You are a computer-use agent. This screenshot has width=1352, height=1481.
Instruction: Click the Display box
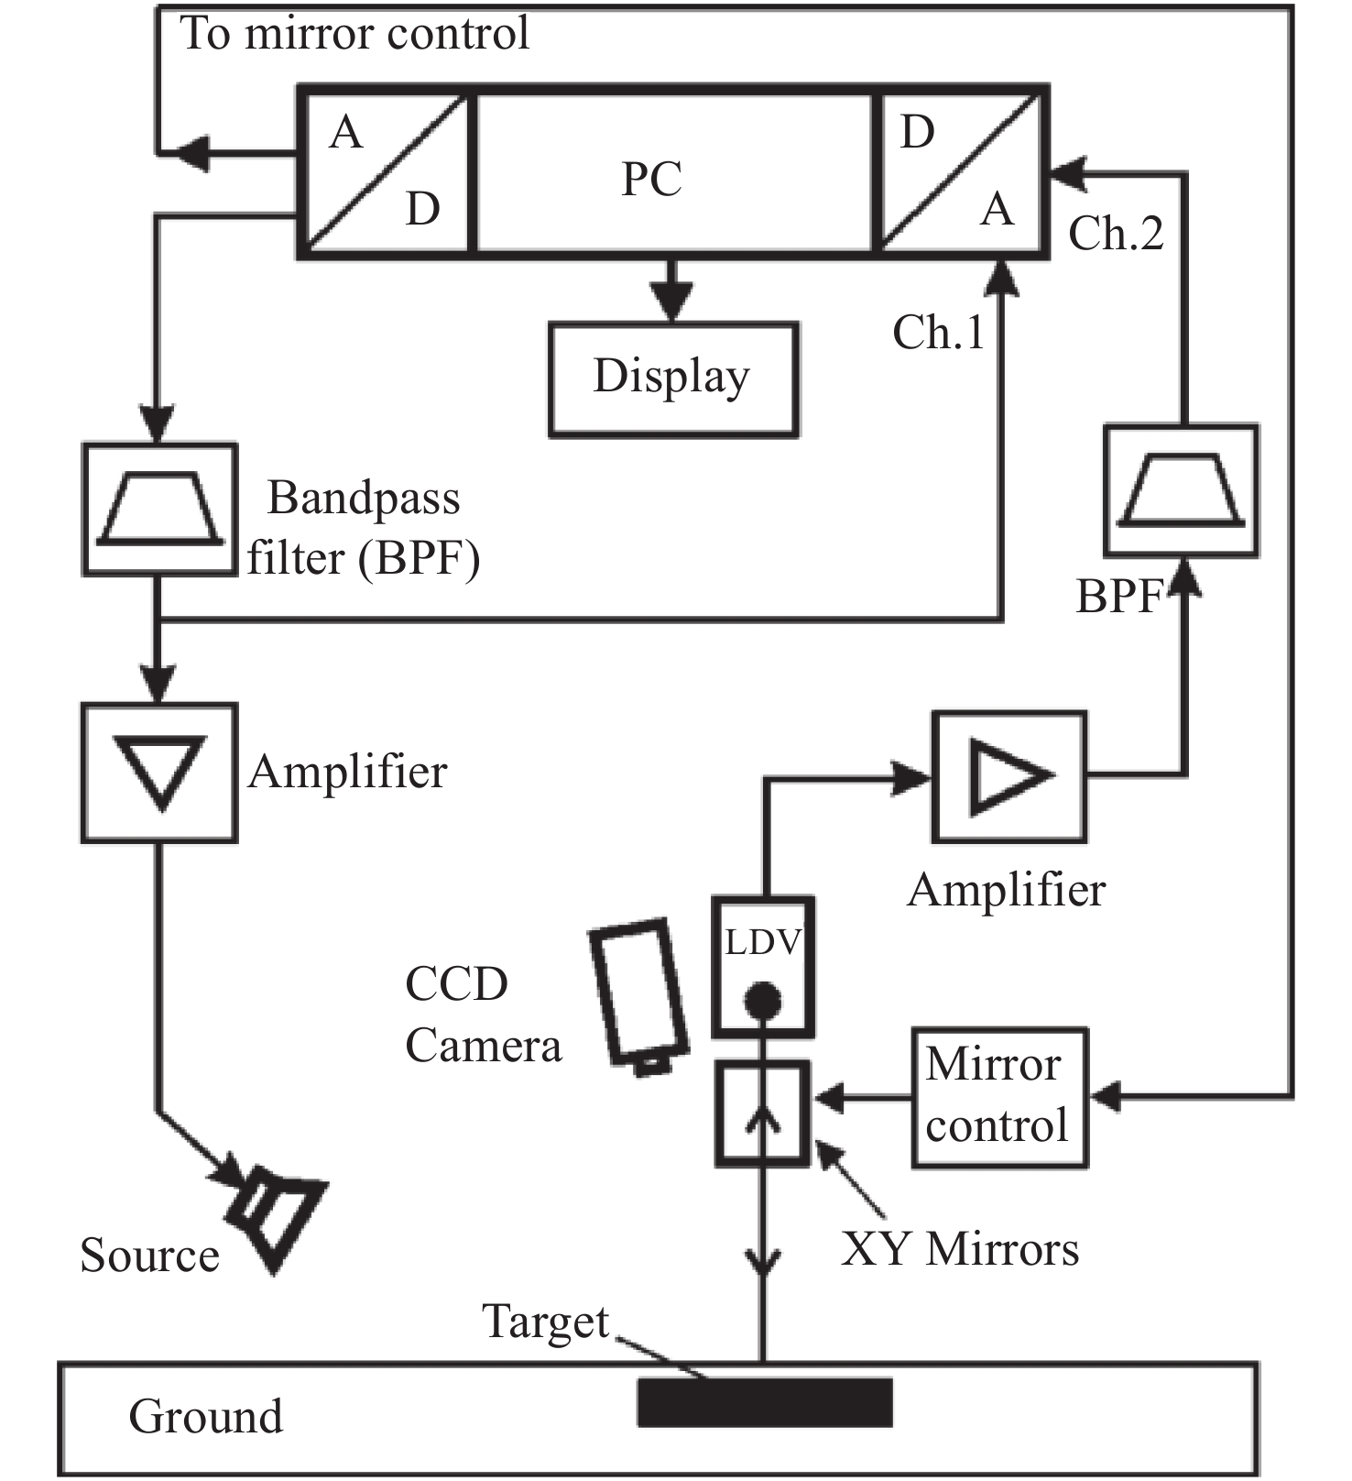pyautogui.click(x=673, y=378)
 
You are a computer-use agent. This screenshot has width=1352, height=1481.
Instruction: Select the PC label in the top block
pyautogui.click(x=651, y=179)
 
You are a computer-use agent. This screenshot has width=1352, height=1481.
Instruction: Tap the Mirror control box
pyautogui.click(x=999, y=1096)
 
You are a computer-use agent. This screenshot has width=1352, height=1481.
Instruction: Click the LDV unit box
pyautogui.click(x=763, y=966)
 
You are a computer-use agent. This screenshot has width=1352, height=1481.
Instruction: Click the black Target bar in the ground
pyautogui.click(x=765, y=1402)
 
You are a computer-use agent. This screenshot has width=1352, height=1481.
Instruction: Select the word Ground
pyautogui.click(x=206, y=1416)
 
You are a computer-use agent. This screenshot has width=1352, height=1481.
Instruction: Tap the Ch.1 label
pyautogui.click(x=939, y=332)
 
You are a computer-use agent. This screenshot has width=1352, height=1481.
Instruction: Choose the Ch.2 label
pyautogui.click(x=1116, y=233)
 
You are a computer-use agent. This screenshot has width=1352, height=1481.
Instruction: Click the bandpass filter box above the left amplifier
pyautogui.click(x=160, y=510)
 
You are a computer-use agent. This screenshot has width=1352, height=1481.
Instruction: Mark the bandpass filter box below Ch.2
pyautogui.click(x=1181, y=490)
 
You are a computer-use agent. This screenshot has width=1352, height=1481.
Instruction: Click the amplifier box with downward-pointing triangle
pyautogui.click(x=160, y=773)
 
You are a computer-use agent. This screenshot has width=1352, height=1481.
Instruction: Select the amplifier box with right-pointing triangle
pyautogui.click(x=1009, y=776)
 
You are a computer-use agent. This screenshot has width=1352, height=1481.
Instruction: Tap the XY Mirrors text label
pyautogui.click(x=960, y=1248)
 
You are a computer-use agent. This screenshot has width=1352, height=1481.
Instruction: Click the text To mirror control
pyautogui.click(x=354, y=33)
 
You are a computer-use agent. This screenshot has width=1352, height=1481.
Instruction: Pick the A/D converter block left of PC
pyautogui.click(x=385, y=171)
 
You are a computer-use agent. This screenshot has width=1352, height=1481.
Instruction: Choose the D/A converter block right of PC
pyautogui.click(x=960, y=171)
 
